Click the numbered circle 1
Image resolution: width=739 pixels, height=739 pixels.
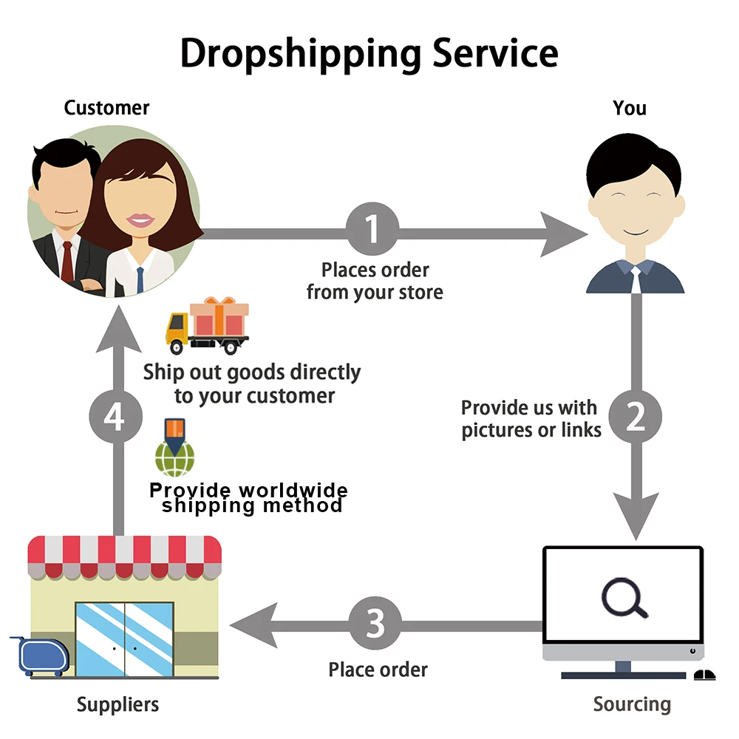click(x=372, y=229)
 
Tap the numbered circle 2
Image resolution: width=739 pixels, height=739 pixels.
click(x=636, y=417)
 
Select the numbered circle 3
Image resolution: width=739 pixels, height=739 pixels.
click(x=375, y=624)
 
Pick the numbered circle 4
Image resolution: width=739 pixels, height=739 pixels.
click(x=115, y=418)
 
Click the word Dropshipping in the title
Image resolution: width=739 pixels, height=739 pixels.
click(x=299, y=53)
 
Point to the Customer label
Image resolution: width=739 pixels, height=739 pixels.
click(x=106, y=108)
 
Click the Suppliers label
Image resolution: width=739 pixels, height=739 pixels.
click(x=118, y=704)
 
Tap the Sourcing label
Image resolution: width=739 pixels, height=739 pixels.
click(x=632, y=704)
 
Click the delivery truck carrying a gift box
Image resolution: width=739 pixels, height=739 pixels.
click(x=207, y=326)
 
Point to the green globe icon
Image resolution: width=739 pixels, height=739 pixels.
click(x=176, y=457)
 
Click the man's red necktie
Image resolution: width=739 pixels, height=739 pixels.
click(x=67, y=262)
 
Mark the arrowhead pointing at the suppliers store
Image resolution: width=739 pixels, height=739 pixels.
click(x=251, y=625)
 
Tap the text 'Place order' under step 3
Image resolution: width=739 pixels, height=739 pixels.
click(x=378, y=670)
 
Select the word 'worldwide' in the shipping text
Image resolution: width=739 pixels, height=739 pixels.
click(x=293, y=490)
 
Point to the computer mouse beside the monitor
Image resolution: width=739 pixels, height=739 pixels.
click(x=704, y=674)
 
